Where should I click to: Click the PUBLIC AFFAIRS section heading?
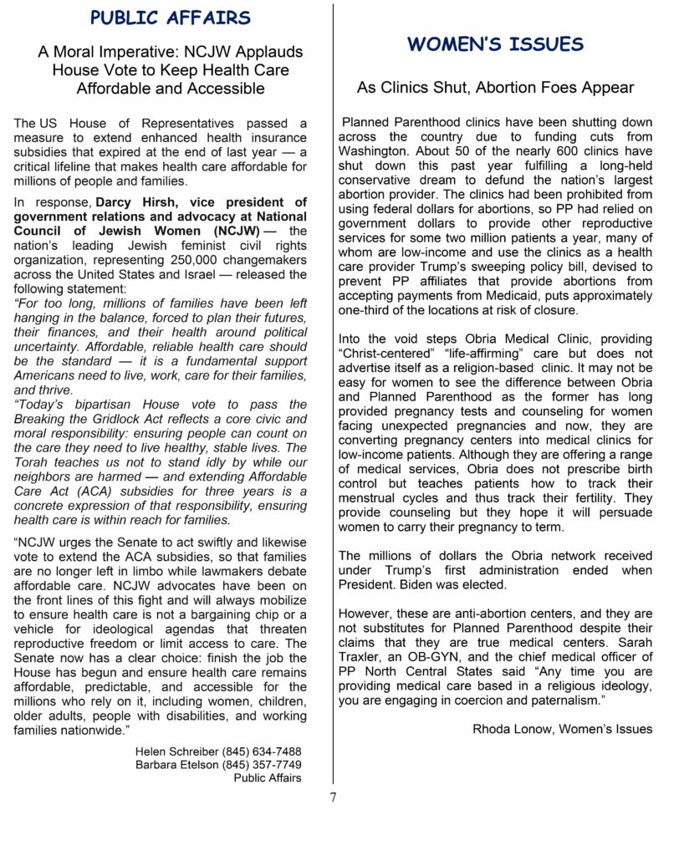tap(170, 18)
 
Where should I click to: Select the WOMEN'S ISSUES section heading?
tap(495, 44)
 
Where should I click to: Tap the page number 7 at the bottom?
tap(333, 797)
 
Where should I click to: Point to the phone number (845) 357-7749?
tap(262, 764)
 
